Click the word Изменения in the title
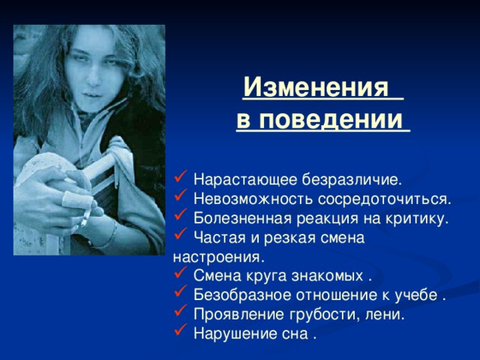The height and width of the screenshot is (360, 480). click(x=318, y=89)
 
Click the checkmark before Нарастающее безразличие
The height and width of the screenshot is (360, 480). click(x=179, y=178)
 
